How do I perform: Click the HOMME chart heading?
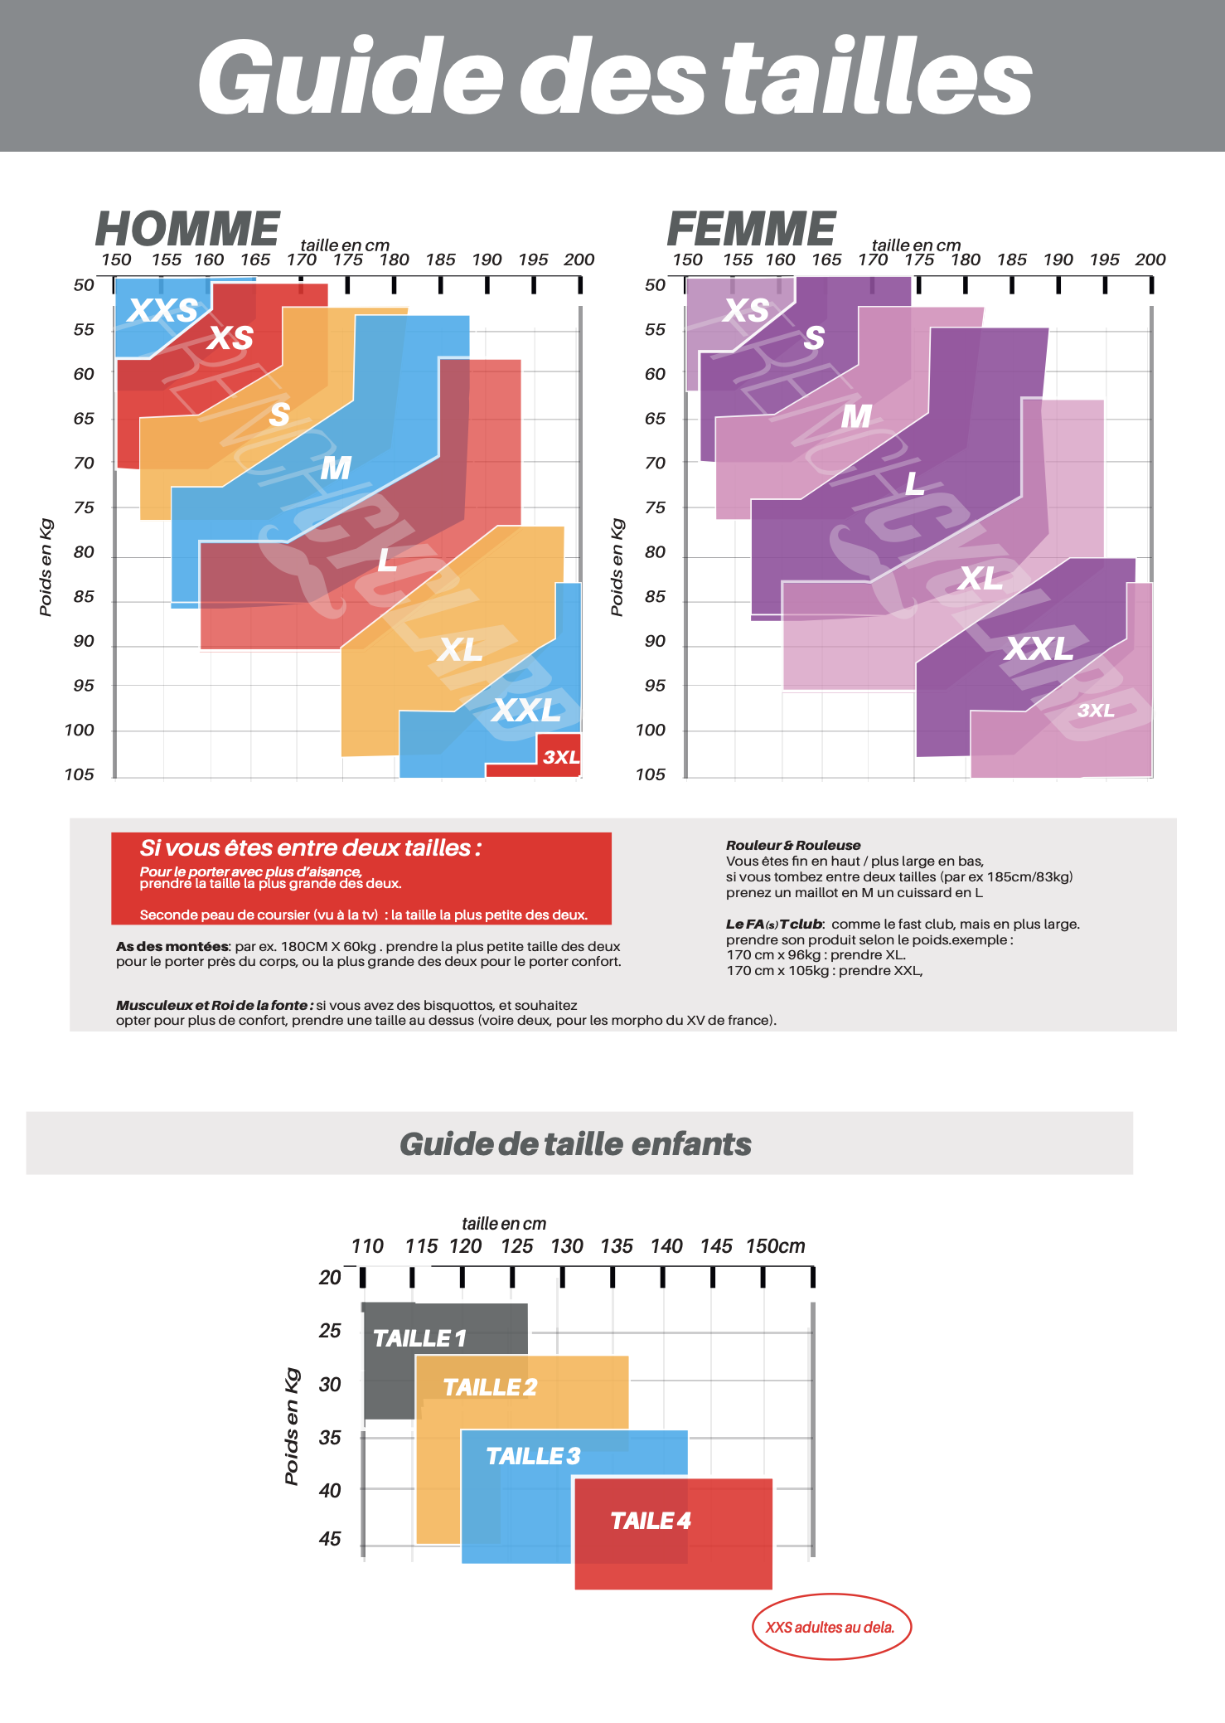coord(188,229)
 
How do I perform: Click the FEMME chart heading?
coord(751,229)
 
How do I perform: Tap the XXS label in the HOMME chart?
coord(162,310)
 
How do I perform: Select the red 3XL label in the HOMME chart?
coord(561,757)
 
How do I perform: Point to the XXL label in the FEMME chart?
coord(1039,648)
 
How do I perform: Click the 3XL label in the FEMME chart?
coord(1096,711)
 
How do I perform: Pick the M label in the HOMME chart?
coord(336,468)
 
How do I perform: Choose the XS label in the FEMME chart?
coord(746,310)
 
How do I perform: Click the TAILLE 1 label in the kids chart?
coord(419,1338)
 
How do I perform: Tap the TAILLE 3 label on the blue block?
coord(533,1456)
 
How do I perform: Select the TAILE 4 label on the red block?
coord(651,1521)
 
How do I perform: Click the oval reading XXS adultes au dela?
coord(830,1627)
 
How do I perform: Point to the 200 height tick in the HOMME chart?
coord(579,260)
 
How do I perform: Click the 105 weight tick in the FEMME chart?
coord(651,774)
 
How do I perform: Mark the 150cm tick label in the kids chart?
coord(775,1246)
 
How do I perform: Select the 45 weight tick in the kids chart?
coord(330,1539)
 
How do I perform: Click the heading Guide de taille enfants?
coord(575,1144)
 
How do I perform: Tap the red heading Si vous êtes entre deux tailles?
coord(310,848)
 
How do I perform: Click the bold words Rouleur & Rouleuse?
coord(793,845)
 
